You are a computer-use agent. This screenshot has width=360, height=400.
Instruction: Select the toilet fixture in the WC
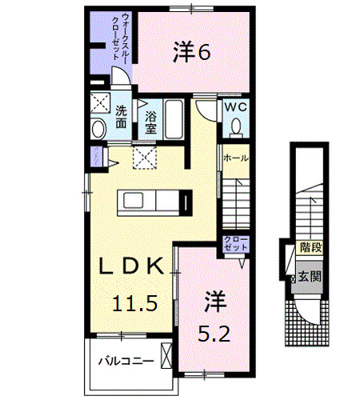pos(237,126)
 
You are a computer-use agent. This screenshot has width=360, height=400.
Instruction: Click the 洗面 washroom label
pos(120,117)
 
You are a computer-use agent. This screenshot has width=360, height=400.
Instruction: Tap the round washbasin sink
pos(99,128)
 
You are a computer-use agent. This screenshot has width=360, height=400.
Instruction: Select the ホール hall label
pos(235,158)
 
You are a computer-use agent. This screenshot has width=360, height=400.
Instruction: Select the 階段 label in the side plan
pos(309,249)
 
